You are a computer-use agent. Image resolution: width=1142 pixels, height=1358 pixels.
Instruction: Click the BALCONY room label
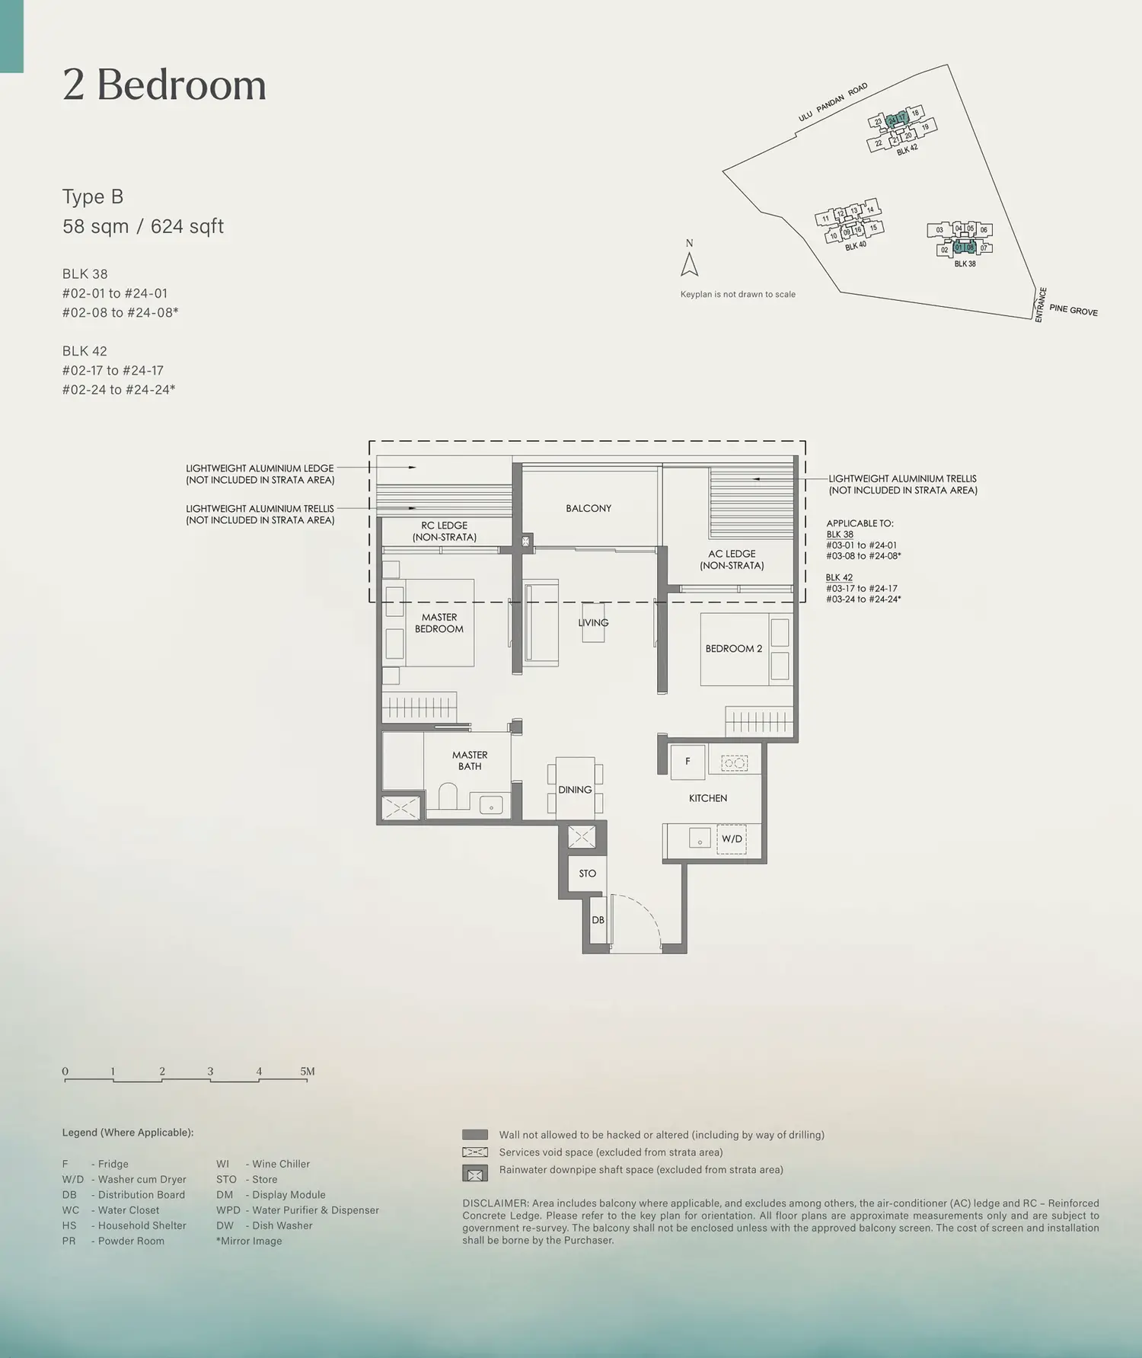589,508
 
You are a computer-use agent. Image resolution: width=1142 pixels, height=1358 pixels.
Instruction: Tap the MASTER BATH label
470,761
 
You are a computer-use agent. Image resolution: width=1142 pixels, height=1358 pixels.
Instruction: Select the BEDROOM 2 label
733,649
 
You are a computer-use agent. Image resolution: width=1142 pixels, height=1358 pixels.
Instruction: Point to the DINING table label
575,790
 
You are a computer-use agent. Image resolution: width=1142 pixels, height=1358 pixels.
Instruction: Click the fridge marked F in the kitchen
687,762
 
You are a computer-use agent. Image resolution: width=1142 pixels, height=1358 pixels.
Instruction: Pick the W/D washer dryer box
732,839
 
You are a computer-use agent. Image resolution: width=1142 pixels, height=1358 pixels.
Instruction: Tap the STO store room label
588,874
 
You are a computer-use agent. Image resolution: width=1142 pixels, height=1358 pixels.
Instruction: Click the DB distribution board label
598,920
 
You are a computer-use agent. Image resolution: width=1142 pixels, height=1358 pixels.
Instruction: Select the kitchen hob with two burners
735,762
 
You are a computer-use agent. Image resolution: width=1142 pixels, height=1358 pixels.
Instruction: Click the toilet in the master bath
448,797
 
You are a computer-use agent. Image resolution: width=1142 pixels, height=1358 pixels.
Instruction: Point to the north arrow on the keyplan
690,264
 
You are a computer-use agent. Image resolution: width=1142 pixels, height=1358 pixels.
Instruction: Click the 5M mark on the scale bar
307,1071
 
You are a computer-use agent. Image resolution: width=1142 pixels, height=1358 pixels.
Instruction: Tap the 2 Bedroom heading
164,85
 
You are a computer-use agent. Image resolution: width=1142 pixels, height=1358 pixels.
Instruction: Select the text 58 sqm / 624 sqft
143,226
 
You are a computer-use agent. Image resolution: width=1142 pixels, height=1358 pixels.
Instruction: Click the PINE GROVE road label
1073,310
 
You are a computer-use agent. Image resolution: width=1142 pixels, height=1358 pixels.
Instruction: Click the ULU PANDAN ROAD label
833,103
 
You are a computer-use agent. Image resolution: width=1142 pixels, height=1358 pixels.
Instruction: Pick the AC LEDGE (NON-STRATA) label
732,560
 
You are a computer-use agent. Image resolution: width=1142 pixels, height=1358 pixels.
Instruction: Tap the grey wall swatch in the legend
475,1135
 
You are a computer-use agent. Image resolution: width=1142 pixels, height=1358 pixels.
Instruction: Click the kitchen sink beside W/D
700,838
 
